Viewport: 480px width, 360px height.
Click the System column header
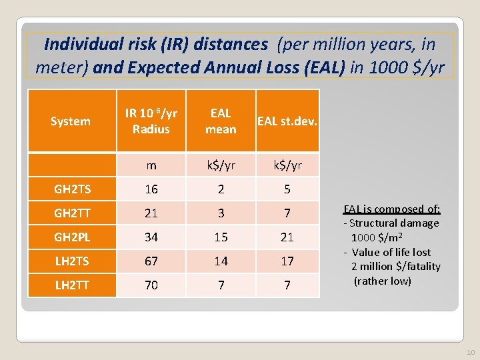(71, 121)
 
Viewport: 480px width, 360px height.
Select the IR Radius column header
(151, 121)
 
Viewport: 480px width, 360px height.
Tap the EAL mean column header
(221, 121)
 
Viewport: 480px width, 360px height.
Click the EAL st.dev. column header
(287, 121)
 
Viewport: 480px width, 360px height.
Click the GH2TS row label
(73, 189)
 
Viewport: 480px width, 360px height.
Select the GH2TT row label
(73, 213)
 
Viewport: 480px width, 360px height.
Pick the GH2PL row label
(73, 237)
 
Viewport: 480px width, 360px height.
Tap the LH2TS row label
(73, 261)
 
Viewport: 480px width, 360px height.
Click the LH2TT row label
(73, 285)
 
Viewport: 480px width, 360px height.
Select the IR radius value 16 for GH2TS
(151, 189)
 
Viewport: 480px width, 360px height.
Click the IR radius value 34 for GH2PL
(151, 237)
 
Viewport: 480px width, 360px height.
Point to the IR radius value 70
(151, 285)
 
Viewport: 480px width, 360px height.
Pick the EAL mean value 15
(221, 237)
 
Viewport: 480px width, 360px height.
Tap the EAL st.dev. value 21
(287, 237)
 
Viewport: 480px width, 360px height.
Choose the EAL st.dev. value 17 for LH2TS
(287, 261)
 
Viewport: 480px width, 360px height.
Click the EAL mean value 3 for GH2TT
(221, 213)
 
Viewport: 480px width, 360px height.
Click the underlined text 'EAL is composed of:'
(391, 209)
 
